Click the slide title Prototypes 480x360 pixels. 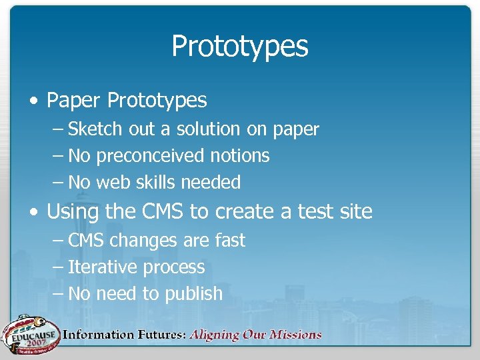pos(240,47)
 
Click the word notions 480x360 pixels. pos(239,156)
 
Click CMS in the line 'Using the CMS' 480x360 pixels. pos(163,212)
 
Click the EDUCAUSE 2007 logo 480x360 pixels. pos(30,334)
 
